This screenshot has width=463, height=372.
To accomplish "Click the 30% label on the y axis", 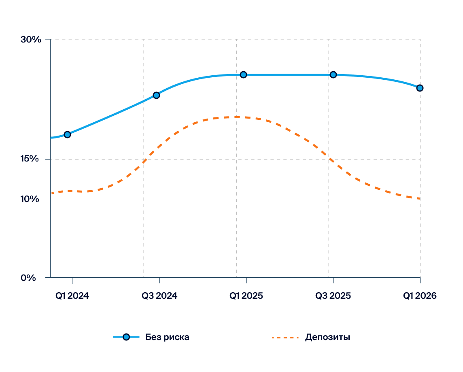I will coord(31,40).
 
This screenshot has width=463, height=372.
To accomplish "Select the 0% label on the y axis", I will coord(28,278).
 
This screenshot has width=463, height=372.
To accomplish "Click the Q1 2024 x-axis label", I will coord(72,296).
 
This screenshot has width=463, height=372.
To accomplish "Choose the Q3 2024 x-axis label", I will coord(159,296).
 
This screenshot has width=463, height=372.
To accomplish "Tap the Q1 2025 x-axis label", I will coord(246,296).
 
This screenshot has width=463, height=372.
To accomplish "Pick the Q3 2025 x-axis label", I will coord(333,296).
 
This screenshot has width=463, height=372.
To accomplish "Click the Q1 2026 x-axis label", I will coord(420,296).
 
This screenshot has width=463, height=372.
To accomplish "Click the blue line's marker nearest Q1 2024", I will coord(68,134).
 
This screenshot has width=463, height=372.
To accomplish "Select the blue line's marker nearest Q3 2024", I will coord(156,95).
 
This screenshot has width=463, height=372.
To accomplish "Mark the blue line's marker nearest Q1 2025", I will coord(243,74).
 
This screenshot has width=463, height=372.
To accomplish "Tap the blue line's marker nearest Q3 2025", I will coord(333,74).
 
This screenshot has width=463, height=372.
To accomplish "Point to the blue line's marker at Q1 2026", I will coord(420,88).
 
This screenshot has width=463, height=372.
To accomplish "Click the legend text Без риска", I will coord(167,337).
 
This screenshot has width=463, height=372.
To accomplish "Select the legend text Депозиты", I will coord(327,337).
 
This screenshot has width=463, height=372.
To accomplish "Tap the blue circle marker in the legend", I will coord(126,337).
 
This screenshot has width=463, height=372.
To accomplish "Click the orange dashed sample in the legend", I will coord(286,337).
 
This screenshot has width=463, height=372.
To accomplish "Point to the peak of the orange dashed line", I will coord(237,117).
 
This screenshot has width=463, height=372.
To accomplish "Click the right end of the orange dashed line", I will coord(419,198).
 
